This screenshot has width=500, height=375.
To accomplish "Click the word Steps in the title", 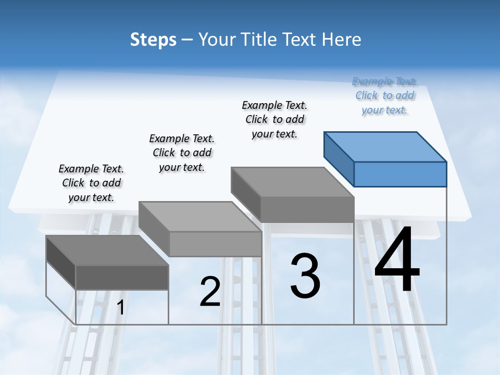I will coord(153,40).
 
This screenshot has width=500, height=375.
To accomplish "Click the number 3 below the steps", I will coord(305,276).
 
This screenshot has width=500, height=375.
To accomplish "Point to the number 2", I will coord(210,292).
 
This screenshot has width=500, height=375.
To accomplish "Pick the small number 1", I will coord(120,307).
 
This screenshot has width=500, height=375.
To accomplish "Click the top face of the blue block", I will coord(385,146).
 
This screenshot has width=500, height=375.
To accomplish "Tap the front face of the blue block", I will coord(400,174).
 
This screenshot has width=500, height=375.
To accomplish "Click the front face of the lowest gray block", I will coord(122,277).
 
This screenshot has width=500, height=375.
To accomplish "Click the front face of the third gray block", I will coord(307,210).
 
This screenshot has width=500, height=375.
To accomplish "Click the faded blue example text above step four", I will coord(384,95).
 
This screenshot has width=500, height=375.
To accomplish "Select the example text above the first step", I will coord(91,183).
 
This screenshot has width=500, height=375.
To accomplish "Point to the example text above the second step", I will coord(182,153).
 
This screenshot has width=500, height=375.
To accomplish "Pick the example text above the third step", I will coord(274,119).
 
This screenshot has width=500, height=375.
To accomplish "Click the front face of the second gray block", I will coord(215,244).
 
